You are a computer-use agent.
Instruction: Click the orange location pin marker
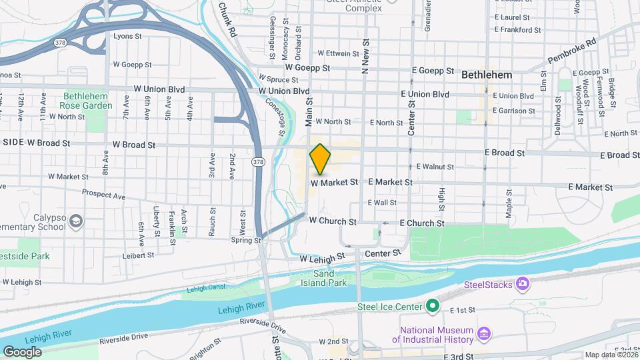coord(320,159)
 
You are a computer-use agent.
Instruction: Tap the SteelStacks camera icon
coord(523,285)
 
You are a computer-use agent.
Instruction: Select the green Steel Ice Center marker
coord(433,307)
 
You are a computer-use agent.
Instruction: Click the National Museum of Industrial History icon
coord(485,333)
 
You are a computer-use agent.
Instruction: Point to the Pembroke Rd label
coord(572,51)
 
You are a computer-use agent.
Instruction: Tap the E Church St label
coord(421,223)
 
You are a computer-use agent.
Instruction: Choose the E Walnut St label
coord(435,167)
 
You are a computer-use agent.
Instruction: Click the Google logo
coord(22,351)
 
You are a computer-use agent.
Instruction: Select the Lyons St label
coord(128,36)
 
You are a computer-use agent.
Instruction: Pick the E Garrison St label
coord(514,111)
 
